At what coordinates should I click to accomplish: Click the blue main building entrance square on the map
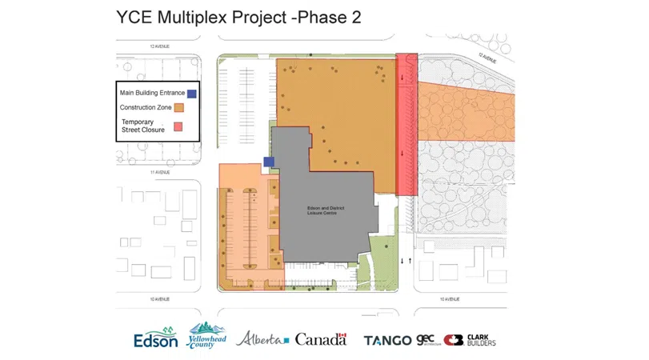[269, 162]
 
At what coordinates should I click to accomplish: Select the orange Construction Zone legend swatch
[179, 107]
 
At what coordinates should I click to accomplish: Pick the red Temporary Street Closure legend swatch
[179, 126]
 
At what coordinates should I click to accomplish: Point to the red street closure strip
[407, 125]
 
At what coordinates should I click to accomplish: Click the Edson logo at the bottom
[156, 338]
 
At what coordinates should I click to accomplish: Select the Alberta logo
[262, 338]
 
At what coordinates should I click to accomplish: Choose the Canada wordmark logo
[321, 339]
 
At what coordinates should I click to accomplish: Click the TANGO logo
[388, 340]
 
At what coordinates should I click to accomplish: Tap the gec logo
[426, 339]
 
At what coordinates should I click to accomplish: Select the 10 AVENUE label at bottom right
[451, 299]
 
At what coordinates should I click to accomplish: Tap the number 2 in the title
[355, 18]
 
